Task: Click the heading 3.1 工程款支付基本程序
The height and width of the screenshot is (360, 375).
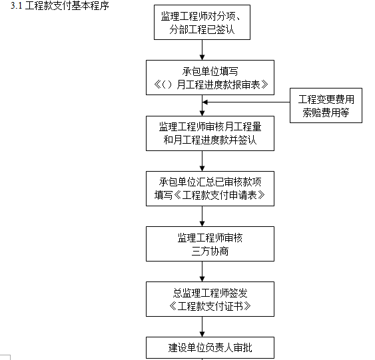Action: click(x=56, y=6)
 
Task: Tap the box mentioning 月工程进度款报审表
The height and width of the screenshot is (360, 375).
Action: click(x=201, y=77)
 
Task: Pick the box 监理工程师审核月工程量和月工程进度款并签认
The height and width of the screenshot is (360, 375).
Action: click(x=201, y=133)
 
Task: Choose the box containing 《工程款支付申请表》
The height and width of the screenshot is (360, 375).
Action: click(x=201, y=188)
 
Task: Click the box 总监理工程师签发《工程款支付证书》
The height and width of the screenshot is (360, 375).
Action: click(x=201, y=299)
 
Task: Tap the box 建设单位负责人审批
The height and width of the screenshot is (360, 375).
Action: click(x=201, y=347)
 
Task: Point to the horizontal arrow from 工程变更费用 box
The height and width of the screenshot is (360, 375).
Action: click(x=246, y=102)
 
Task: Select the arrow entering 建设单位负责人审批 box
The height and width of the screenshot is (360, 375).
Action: click(x=201, y=327)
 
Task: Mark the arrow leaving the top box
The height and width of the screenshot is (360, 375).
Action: click(x=201, y=49)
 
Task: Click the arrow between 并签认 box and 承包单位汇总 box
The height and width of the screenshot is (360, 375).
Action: click(x=201, y=160)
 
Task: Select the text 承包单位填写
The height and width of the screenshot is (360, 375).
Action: click(x=201, y=71)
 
